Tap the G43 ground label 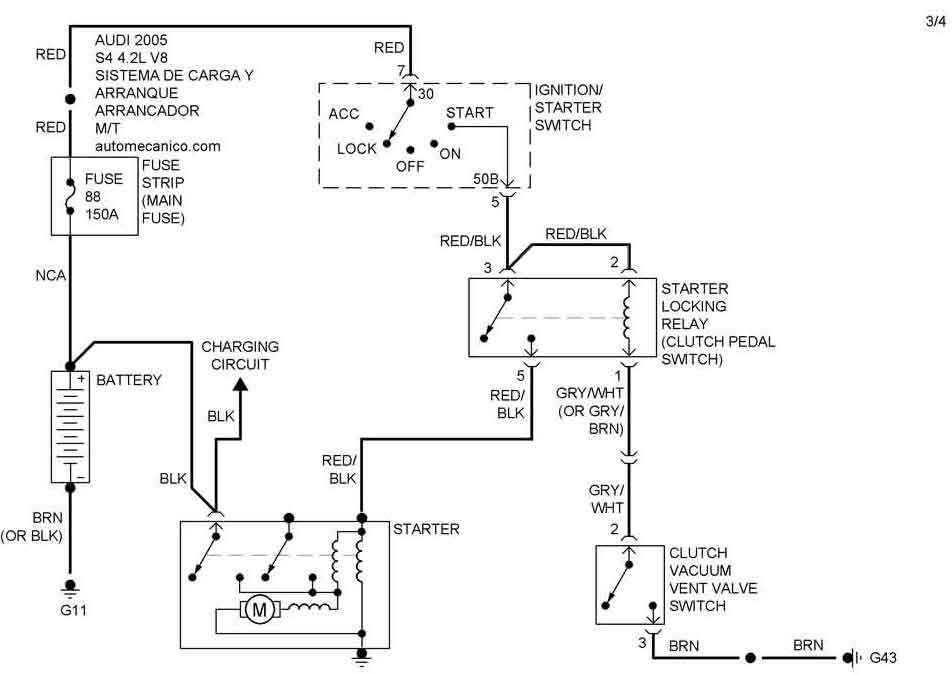[x=883, y=659]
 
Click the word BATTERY [x=129, y=380]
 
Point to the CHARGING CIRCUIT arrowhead [x=240, y=384]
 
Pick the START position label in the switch [x=470, y=113]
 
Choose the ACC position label [x=343, y=113]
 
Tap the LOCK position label [x=357, y=148]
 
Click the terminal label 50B [x=486, y=179]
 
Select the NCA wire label [x=50, y=276]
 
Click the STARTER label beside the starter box [x=426, y=529]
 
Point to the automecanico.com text [x=158, y=146]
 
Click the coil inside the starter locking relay [x=630, y=318]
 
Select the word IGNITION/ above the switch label [x=569, y=90]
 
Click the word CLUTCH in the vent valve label [x=698, y=553]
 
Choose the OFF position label [x=410, y=166]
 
